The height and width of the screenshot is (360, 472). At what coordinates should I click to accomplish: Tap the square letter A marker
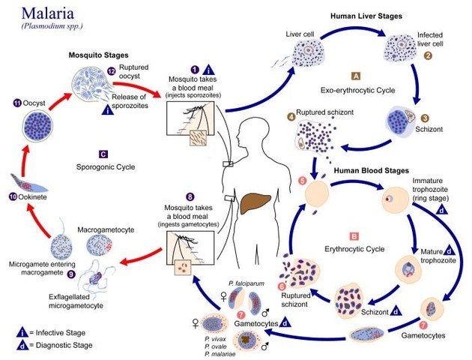356,76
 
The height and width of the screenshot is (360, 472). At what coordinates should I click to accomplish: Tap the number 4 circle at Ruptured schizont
291,115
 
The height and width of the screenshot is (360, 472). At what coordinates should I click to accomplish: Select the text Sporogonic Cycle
104,166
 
